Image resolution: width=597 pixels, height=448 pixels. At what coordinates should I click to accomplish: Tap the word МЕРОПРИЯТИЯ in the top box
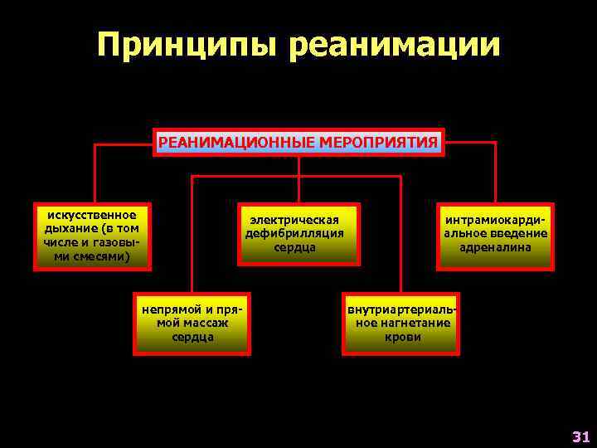pos(376,143)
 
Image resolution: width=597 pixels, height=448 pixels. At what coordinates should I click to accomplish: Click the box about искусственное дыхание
pos(92,236)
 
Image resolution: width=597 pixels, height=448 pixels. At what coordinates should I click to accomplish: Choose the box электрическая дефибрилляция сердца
pos(298,235)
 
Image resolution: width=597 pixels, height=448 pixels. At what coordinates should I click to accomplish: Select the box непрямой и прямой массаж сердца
pos(192,324)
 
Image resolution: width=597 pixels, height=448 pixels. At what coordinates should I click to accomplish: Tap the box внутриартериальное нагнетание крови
pos(402,324)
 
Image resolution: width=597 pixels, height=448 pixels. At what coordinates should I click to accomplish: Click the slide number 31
pos(580,436)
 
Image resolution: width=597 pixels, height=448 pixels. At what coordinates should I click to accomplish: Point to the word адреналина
pos(496,247)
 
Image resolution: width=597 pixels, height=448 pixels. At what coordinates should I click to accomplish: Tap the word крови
pos(403,337)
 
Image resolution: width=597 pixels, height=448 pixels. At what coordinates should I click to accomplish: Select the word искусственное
pos(93,215)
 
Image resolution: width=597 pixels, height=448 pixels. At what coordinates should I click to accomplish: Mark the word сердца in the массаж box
pos(193,337)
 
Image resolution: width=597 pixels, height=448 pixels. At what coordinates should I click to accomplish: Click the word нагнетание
pos(412,323)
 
